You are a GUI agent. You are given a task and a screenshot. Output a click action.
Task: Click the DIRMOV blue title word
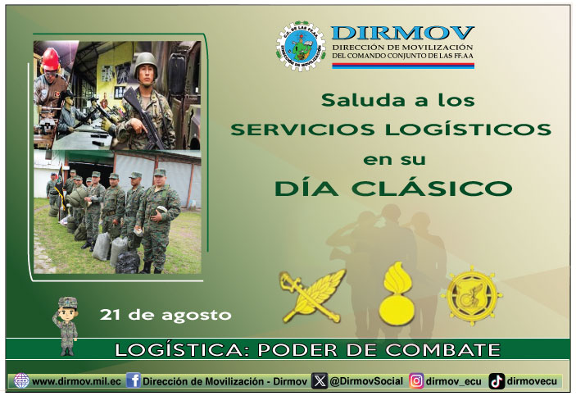click(x=402, y=33)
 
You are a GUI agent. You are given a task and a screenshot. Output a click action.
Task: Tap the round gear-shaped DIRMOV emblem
click(x=301, y=46)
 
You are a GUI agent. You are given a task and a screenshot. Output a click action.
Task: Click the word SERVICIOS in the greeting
click(x=303, y=130)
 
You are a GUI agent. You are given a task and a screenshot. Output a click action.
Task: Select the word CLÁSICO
click(x=432, y=188)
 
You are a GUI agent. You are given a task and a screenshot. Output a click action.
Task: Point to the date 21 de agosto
click(x=166, y=315)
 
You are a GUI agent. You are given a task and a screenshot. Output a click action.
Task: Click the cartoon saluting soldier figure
click(x=66, y=325)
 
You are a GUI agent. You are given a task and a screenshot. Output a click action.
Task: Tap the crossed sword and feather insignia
click(x=312, y=295)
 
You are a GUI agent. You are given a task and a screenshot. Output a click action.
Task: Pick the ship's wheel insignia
click(x=472, y=295)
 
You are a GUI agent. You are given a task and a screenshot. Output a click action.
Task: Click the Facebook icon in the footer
click(x=134, y=380)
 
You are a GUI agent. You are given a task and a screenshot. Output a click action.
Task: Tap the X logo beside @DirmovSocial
click(x=320, y=381)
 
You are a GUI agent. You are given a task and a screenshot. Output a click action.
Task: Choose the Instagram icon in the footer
click(x=416, y=381)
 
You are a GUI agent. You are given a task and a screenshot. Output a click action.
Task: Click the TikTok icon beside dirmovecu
click(x=497, y=381)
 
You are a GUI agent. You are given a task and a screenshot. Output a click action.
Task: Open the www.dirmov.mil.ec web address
click(x=76, y=381)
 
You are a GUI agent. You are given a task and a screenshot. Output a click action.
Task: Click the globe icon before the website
click(x=21, y=380)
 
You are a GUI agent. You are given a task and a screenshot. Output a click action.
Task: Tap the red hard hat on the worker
click(x=50, y=59)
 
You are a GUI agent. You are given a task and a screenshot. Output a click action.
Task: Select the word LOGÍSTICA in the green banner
click(x=179, y=349)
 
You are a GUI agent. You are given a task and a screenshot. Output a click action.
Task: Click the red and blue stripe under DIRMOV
click(x=403, y=66)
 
